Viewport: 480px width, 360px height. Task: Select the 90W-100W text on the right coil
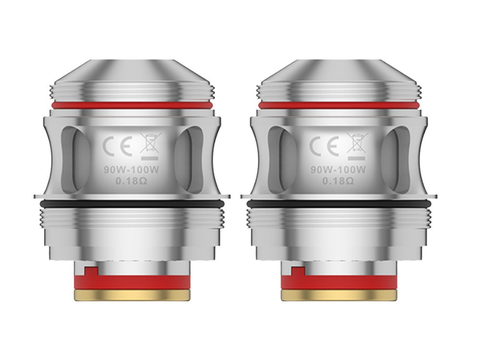338,168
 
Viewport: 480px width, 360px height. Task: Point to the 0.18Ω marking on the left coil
131,181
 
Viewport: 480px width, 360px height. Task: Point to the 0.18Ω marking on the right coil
338,181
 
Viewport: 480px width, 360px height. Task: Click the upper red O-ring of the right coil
338,105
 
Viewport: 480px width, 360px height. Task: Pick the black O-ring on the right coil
338,204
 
